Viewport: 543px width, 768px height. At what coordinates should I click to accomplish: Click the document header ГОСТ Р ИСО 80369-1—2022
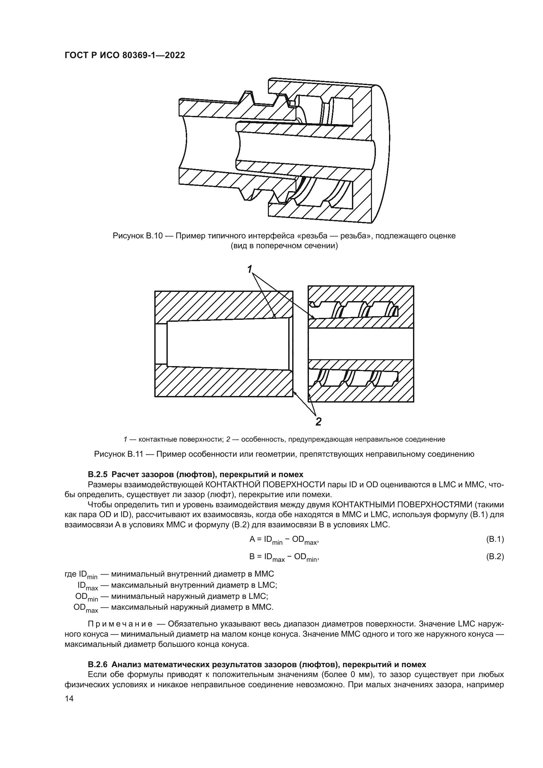[124, 55]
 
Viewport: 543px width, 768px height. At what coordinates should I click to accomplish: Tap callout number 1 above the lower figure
[250, 269]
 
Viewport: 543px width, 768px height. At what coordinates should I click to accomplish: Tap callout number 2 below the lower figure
[318, 422]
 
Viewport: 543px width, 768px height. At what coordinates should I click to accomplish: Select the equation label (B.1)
[494, 539]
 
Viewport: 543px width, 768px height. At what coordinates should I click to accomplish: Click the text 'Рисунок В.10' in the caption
[138, 236]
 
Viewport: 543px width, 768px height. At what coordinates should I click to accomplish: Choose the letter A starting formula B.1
[252, 539]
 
